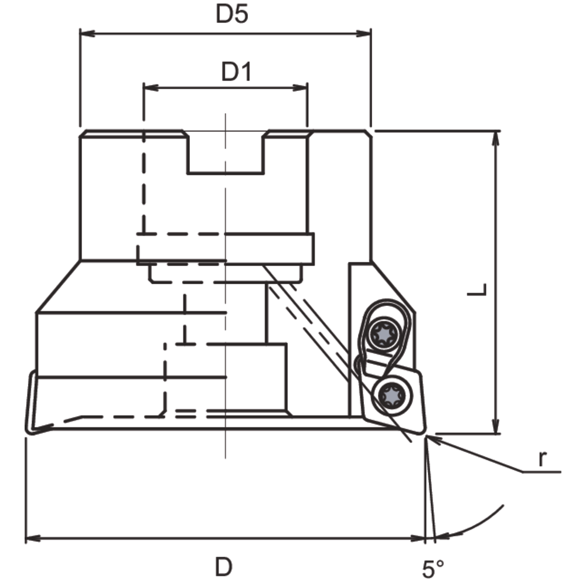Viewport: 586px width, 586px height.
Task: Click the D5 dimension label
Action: pyautogui.click(x=232, y=14)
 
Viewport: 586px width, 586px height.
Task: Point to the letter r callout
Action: pyautogui.click(x=543, y=460)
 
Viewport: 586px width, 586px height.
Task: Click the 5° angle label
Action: pyautogui.click(x=432, y=568)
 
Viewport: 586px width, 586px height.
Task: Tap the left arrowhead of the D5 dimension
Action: pyautogui.click(x=86, y=33)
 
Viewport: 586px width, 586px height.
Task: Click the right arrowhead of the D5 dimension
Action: pyautogui.click(x=365, y=33)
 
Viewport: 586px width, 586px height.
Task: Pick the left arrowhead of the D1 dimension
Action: pyautogui.click(x=149, y=88)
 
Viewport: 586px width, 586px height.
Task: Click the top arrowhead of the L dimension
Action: pyautogui.click(x=497, y=137)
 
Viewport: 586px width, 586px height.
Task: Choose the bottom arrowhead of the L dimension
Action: pyautogui.click(x=497, y=428)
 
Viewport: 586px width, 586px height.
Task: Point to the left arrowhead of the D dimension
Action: pyautogui.click(x=32, y=539)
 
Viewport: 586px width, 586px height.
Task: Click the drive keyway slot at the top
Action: pyautogui.click(x=225, y=154)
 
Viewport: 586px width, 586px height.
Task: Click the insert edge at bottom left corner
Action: pyautogui.click(x=30, y=430)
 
